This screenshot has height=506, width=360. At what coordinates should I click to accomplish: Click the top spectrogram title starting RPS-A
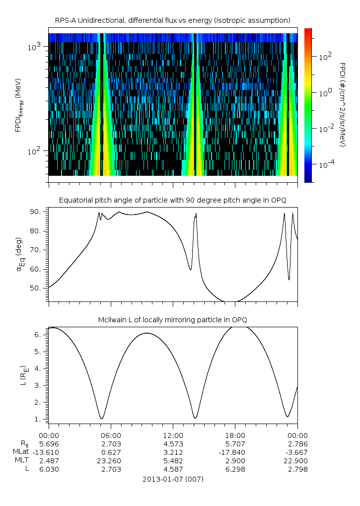click(173, 20)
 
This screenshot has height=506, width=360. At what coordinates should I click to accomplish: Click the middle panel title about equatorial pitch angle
click(173, 200)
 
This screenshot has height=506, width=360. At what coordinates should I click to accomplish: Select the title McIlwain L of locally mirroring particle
click(173, 319)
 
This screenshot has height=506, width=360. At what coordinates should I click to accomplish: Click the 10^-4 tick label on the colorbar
click(325, 164)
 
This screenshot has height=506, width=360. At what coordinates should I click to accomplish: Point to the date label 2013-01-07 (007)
click(173, 479)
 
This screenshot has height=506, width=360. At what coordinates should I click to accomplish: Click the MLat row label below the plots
click(21, 452)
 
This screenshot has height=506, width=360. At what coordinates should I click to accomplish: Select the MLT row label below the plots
click(22, 460)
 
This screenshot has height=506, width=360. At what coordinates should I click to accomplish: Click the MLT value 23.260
click(111, 460)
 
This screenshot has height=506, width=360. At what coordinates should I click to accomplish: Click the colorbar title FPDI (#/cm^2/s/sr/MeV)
click(343, 105)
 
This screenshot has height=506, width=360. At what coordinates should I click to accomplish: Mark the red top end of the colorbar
click(308, 31)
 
